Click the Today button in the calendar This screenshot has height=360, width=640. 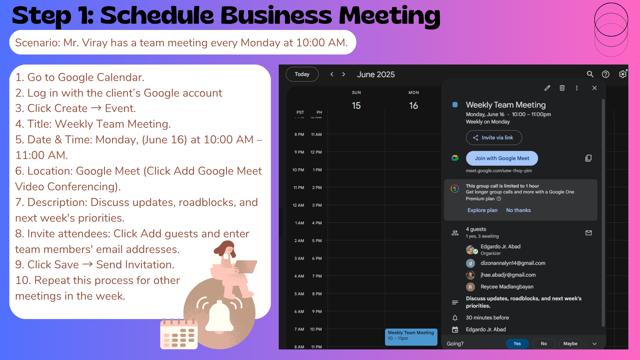(x=302, y=74)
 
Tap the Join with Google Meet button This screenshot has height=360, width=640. (x=502, y=158)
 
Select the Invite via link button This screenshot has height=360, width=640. (x=494, y=138)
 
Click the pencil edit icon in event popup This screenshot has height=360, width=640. (x=547, y=88)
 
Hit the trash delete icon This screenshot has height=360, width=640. (x=562, y=88)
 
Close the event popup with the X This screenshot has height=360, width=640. (x=594, y=88)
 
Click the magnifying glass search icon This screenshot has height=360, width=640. (x=590, y=74)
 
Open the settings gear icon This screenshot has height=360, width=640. (x=622, y=74)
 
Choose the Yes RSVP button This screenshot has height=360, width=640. (x=517, y=344)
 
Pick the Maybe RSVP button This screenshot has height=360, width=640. (x=570, y=344)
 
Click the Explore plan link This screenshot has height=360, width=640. (x=482, y=210)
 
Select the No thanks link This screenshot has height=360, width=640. (x=518, y=210)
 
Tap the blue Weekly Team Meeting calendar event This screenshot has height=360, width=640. (x=411, y=337)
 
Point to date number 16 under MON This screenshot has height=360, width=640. (x=414, y=106)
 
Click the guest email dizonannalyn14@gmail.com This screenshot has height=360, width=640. (x=513, y=263)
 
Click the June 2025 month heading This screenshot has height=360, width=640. (x=376, y=74)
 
